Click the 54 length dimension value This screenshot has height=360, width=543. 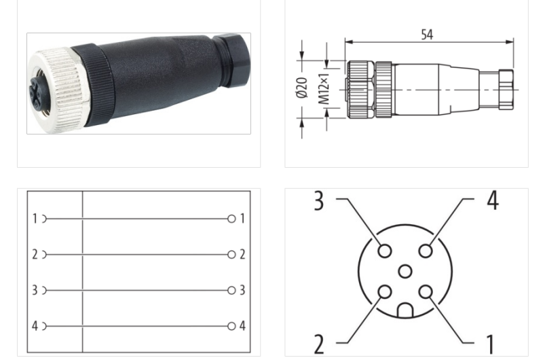426,35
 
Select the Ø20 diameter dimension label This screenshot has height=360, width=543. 302,89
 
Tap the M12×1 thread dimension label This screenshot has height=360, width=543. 324,89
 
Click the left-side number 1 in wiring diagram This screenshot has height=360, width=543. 35,219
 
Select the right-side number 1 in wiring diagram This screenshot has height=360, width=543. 242,219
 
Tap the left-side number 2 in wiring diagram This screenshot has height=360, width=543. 35,255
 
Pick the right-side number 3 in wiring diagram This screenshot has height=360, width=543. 242,290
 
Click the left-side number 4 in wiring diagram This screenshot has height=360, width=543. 35,326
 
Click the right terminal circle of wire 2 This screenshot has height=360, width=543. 231,255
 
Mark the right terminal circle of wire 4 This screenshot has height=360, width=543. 231,326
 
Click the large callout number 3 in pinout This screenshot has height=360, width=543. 319,202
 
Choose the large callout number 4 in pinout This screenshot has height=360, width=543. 492,200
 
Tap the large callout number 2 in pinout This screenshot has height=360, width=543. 319,344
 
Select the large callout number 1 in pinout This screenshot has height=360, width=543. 490,344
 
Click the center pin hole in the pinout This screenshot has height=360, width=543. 405,272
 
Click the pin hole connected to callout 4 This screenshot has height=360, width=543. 426,251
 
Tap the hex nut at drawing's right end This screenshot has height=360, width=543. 506,89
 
